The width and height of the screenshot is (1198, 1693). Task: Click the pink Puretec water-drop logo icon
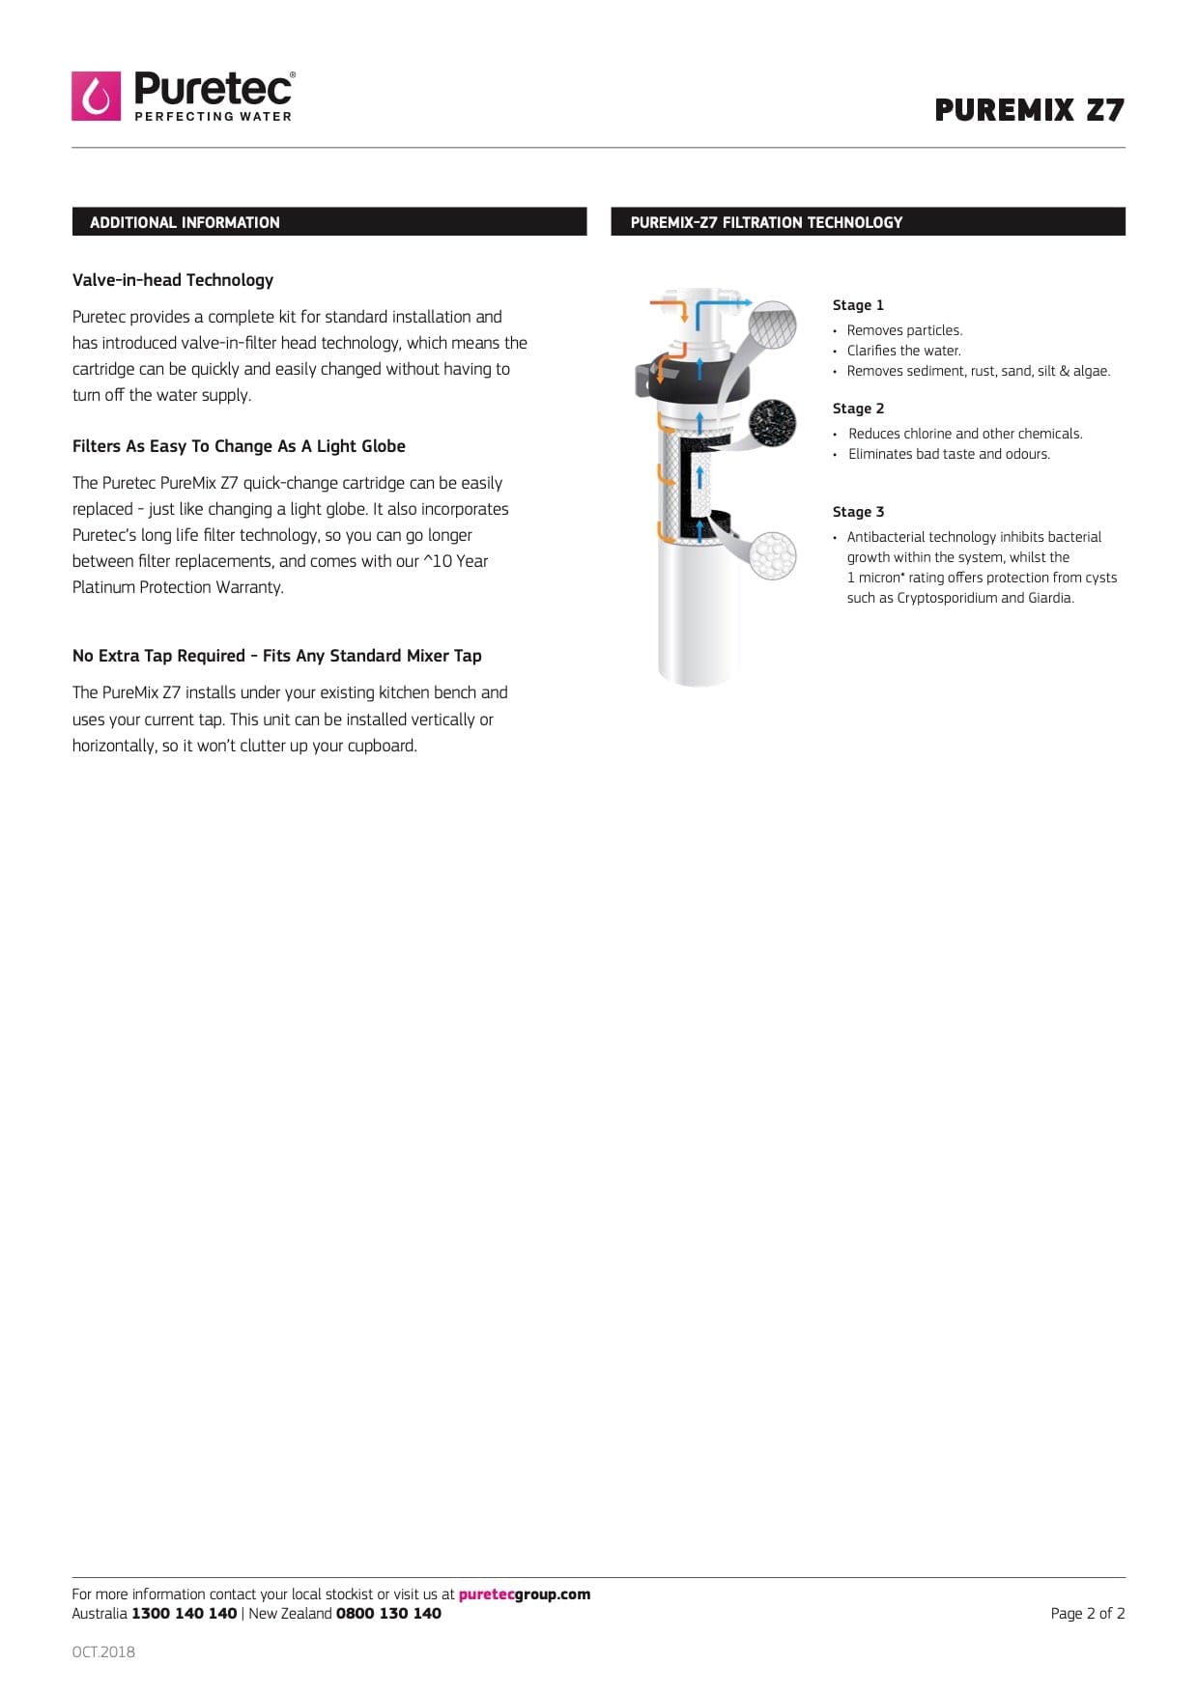point(96,96)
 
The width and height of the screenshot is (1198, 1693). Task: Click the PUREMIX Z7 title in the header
point(1029,110)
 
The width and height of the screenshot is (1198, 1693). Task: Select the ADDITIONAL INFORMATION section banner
point(328,222)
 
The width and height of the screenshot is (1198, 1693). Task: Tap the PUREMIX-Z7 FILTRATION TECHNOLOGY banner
point(867,222)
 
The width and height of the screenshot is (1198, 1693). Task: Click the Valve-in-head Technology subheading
point(173,280)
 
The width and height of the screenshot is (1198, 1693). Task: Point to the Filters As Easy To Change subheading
point(239,446)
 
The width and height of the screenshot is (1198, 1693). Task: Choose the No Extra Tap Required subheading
point(276,656)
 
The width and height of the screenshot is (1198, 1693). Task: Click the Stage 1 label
point(858,305)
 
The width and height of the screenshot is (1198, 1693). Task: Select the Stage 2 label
point(858,409)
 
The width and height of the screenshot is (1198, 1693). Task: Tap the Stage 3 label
point(858,512)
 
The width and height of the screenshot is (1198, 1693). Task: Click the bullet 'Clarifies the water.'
point(903,351)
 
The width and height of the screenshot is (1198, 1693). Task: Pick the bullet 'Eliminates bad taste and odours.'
point(949,454)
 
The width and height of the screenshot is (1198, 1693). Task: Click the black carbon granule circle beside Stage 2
point(772,422)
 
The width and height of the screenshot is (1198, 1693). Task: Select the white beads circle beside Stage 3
point(773,555)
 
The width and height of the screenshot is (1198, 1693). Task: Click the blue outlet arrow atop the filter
point(725,303)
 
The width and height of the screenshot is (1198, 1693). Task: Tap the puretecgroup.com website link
point(524,1594)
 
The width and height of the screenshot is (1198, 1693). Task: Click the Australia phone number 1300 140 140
point(184,1614)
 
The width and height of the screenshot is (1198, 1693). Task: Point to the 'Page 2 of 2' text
point(1087,1614)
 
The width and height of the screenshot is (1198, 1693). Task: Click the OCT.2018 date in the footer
point(103,1652)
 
